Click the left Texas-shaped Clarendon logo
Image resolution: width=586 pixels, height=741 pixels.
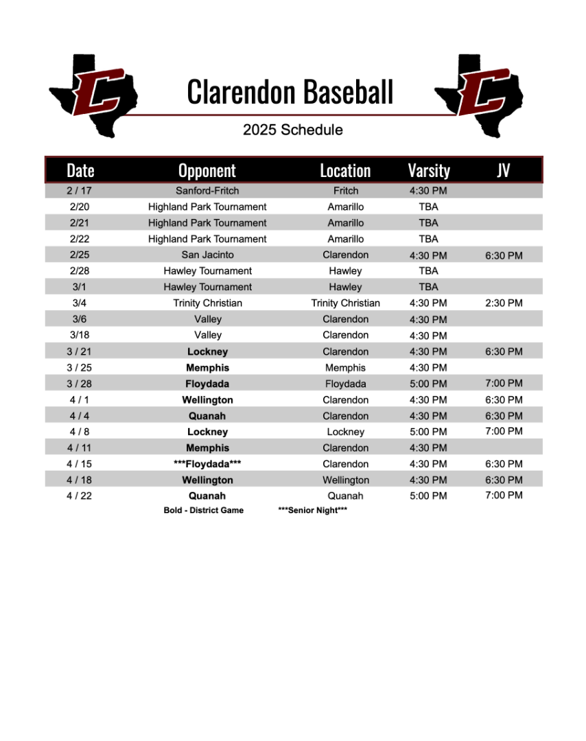pos(94,93)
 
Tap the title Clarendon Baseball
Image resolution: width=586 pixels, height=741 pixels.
pos(290,92)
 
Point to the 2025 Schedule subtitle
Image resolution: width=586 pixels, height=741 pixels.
pos(292,130)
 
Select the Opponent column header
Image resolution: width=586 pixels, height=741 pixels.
pos(207,171)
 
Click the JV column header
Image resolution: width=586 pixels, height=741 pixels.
pos(503,171)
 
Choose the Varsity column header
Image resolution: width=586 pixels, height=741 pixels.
pos(428,171)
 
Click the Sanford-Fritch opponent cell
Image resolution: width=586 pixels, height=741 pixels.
pos(207,191)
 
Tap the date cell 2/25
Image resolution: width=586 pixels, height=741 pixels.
pos(80,255)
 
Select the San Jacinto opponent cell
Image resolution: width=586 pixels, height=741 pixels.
pos(207,255)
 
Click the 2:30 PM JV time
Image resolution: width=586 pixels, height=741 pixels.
pos(503,303)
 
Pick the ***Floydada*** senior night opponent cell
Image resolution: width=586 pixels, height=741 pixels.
pos(207,464)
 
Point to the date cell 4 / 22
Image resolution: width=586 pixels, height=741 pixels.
pos(79,496)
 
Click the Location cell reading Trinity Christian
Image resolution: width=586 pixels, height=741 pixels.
pos(345,303)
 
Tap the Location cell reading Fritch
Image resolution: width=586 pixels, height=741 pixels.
pos(345,191)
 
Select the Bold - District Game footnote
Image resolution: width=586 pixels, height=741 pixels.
pos(203,510)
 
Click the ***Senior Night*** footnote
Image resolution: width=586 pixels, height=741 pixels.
pos(312,510)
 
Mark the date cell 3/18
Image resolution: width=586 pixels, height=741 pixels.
pos(79,335)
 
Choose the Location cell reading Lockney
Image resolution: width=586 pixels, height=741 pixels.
pos(345,432)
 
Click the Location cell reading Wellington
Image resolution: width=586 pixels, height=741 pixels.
pos(345,480)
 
